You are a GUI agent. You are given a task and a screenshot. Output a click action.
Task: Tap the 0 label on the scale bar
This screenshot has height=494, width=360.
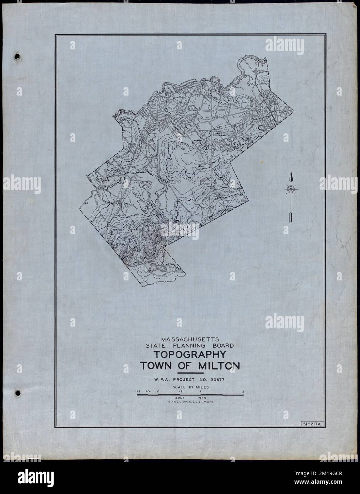(x=158, y=392)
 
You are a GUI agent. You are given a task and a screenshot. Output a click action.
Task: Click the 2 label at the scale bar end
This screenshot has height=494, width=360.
(x=243, y=392)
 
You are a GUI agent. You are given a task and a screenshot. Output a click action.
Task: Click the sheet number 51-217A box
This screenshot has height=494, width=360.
(x=311, y=424)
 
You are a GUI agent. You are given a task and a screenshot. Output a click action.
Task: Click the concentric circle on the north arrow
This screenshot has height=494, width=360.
(x=291, y=189)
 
